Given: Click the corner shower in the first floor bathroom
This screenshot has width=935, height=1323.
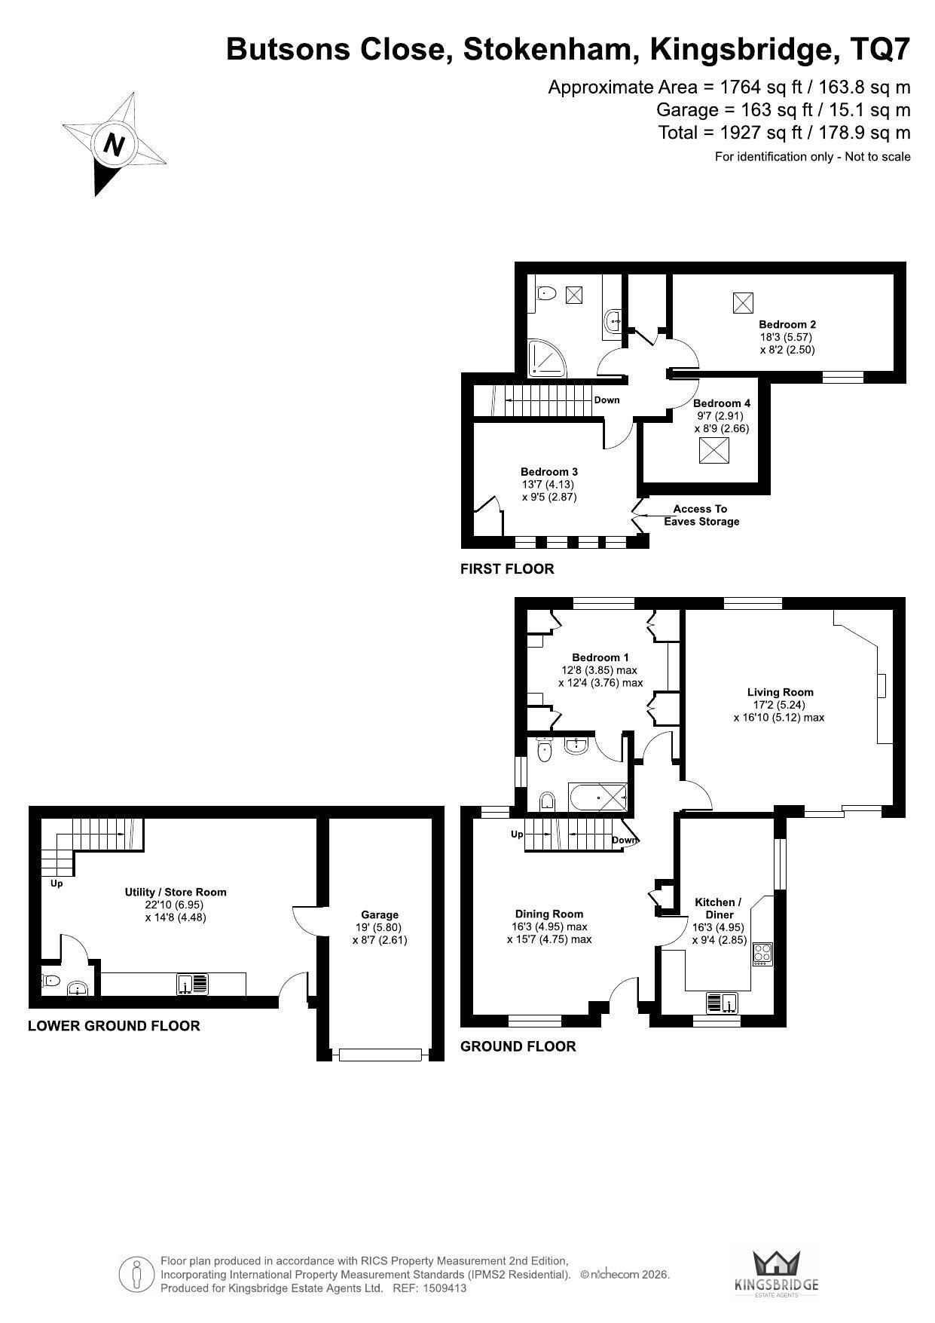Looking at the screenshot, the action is (547, 359).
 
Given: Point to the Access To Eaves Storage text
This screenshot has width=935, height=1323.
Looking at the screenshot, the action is (701, 515).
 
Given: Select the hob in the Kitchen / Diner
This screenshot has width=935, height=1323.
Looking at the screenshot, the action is (762, 954).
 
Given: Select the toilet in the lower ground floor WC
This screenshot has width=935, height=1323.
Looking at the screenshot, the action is (50, 981).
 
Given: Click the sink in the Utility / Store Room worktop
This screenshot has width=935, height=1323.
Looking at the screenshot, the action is (193, 985).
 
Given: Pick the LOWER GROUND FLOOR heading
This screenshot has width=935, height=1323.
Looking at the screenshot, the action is (114, 1026).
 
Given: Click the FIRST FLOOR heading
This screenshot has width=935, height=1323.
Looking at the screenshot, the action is (507, 569).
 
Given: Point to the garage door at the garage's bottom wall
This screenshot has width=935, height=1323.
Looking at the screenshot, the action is (380, 1055).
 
